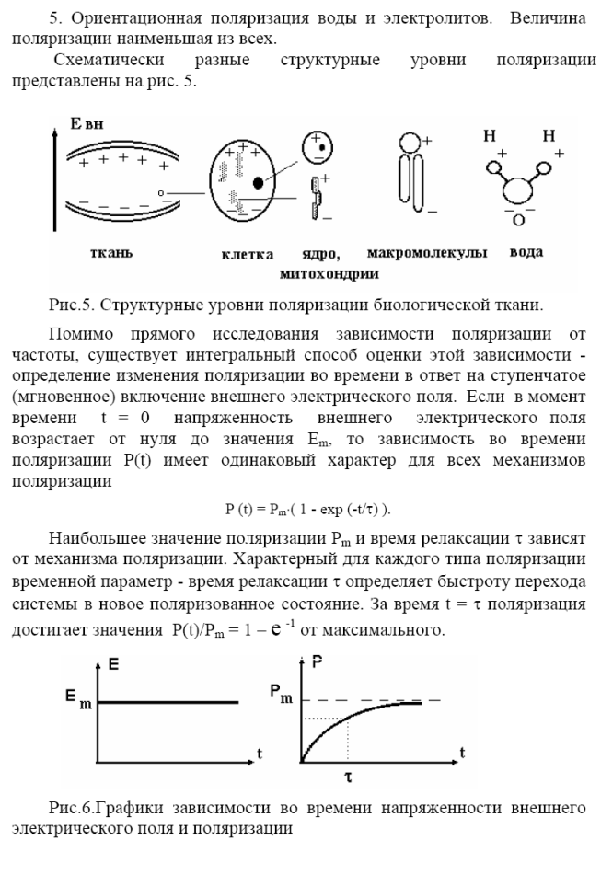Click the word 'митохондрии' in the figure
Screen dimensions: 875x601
[327, 273]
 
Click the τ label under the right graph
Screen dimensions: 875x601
[348, 777]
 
